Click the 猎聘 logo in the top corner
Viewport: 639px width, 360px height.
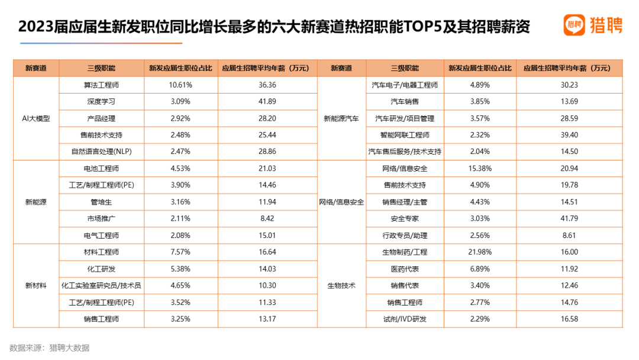pyautogui.click(x=592, y=25)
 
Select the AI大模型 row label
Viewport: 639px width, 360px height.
pyautogui.click(x=36, y=118)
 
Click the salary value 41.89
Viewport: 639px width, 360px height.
pyautogui.click(x=267, y=102)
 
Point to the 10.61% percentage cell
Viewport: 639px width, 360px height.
pyautogui.click(x=180, y=85)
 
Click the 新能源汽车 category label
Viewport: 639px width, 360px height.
pyautogui.click(x=341, y=118)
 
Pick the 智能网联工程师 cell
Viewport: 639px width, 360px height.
pyautogui.click(x=405, y=135)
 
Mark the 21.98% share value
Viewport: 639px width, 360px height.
pyautogui.click(x=480, y=252)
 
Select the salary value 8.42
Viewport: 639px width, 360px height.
pyautogui.click(x=267, y=218)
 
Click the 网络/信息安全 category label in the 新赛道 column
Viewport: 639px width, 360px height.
pyautogui.click(x=341, y=202)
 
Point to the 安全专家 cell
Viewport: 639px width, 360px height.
pyautogui.click(x=405, y=218)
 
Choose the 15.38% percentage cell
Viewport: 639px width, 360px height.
pyautogui.click(x=480, y=169)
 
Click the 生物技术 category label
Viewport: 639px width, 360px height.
pyautogui.click(x=341, y=285)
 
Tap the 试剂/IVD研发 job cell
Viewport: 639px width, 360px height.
pyautogui.click(x=405, y=319)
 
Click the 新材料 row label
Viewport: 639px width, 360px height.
pyautogui.click(x=36, y=285)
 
